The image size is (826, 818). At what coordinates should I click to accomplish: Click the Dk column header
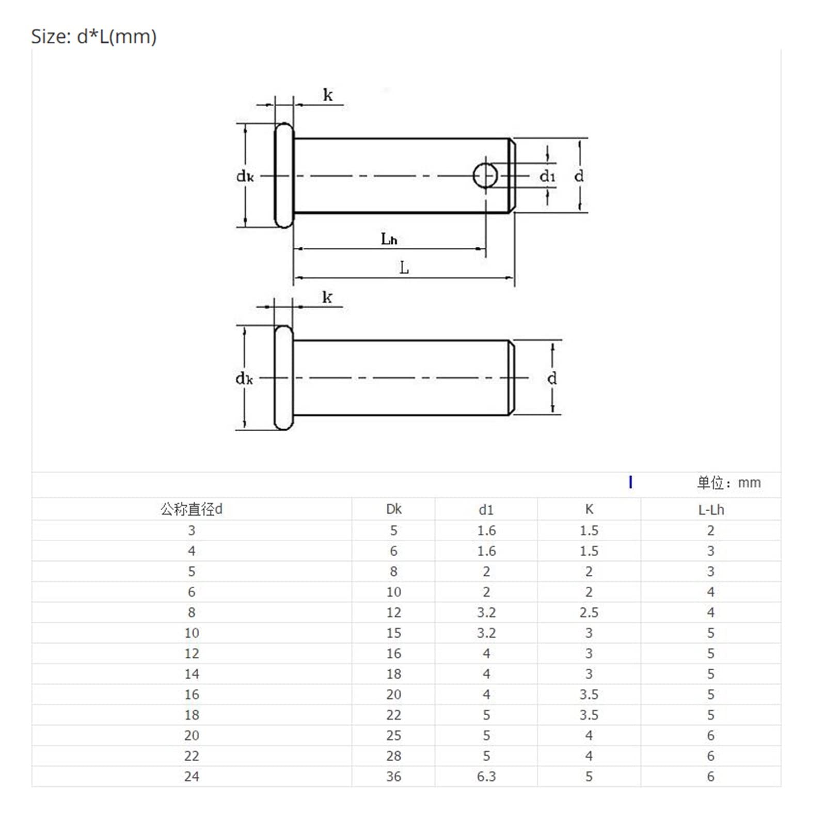393,509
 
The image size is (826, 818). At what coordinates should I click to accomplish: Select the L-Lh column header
711,510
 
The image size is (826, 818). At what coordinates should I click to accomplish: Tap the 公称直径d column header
192,509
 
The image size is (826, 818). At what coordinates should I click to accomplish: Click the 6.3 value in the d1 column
486,776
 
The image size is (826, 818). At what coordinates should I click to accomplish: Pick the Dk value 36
393,776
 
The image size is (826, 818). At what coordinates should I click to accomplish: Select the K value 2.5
589,612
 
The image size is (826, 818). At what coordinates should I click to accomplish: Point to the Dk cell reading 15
393,633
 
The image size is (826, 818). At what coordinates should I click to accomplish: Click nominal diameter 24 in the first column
192,776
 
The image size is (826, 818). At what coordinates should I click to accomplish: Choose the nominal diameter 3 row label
192,530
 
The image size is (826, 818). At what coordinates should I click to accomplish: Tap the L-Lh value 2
711,530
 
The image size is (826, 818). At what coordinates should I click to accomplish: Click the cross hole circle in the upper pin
485,176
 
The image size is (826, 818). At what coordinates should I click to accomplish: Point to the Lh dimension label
389,239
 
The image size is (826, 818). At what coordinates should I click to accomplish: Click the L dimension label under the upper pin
404,268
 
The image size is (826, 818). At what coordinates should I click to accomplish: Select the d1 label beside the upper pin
547,177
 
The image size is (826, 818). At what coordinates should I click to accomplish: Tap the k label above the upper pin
328,95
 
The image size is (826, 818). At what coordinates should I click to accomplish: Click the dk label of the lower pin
244,379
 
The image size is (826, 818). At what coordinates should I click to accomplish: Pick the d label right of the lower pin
552,379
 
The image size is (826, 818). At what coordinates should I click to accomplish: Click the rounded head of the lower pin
283,377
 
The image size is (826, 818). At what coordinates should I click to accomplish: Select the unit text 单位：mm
728,483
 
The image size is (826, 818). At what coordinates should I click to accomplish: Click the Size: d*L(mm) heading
94,37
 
